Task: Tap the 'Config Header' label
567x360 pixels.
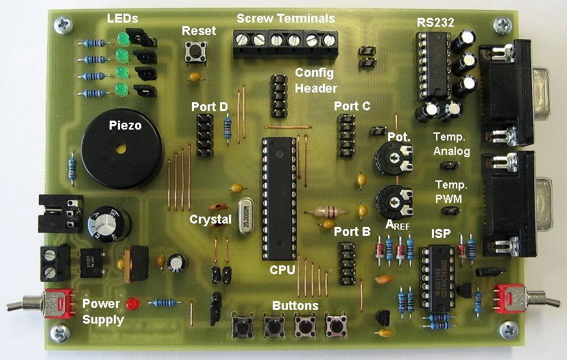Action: (x=315, y=80)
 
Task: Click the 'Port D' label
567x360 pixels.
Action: (x=210, y=107)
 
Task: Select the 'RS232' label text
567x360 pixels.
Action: (x=435, y=22)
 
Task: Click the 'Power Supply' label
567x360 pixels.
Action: (x=104, y=311)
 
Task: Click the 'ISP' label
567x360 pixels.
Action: (x=440, y=235)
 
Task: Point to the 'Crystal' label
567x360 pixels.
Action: (x=210, y=219)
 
